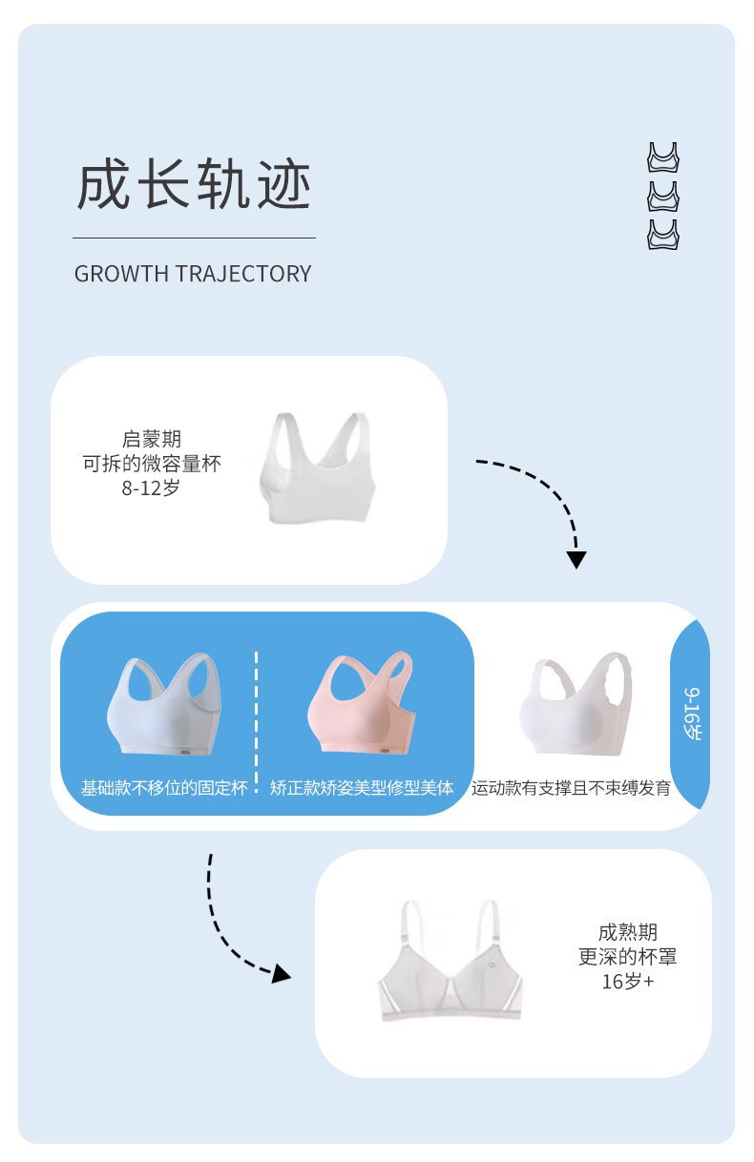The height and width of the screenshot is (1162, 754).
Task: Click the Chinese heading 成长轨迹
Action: click(194, 185)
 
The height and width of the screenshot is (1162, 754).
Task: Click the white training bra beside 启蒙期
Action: click(317, 469)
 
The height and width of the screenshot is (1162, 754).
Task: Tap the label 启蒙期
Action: click(152, 440)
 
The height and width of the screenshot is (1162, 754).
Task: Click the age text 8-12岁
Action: click(152, 488)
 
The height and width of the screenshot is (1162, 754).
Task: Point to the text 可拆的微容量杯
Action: click(152, 465)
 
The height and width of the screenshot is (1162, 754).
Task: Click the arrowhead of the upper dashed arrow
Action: click(576, 559)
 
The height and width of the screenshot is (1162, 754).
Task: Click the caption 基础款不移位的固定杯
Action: click(164, 789)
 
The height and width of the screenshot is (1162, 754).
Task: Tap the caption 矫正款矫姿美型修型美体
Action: click(362, 789)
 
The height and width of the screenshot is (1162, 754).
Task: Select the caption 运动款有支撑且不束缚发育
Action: click(571, 789)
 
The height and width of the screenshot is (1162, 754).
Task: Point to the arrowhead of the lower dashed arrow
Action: click(280, 973)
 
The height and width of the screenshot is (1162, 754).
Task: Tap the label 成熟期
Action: click(628, 932)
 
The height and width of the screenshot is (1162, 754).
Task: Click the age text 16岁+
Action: click(628, 981)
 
